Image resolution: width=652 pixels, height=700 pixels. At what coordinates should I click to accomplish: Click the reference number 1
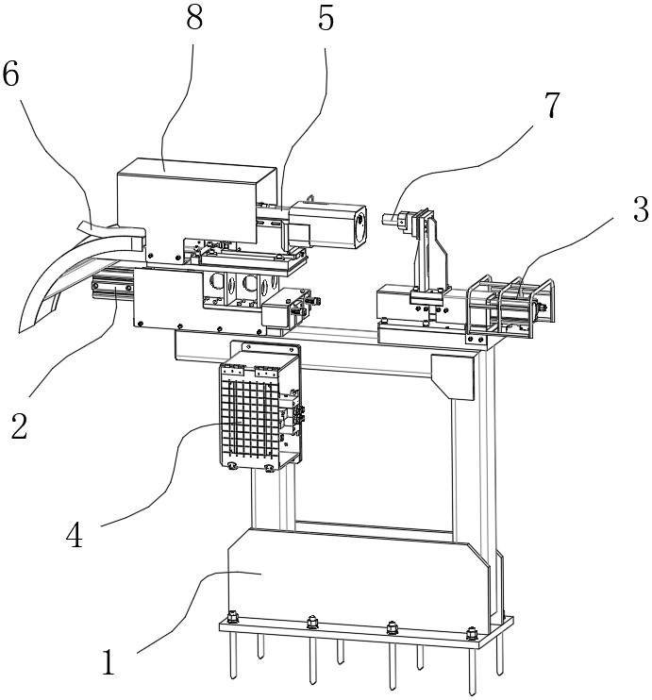pyautogui.click(x=109, y=662)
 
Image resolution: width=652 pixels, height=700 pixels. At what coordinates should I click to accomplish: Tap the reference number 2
pyautogui.click(x=19, y=425)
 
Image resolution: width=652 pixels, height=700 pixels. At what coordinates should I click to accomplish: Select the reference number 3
pyautogui.click(x=641, y=209)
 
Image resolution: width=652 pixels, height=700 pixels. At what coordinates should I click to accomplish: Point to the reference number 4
pyautogui.click(x=75, y=535)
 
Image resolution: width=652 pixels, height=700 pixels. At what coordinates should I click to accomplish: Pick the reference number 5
pyautogui.click(x=326, y=18)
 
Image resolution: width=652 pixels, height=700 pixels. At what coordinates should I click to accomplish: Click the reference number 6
pyautogui.click(x=11, y=74)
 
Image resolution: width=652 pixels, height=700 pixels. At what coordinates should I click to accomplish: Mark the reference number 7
pyautogui.click(x=552, y=105)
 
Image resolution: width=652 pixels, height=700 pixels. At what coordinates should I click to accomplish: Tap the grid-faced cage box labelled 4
pyautogui.click(x=259, y=408)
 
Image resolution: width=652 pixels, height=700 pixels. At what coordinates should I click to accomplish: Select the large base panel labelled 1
pyautogui.click(x=358, y=581)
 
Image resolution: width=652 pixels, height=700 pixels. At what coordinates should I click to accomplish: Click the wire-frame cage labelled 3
pyautogui.click(x=510, y=308)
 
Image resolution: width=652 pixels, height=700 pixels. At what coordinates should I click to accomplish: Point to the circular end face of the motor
pyautogui.click(x=359, y=226)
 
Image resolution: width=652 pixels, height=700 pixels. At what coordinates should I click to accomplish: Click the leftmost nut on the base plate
pyautogui.click(x=232, y=617)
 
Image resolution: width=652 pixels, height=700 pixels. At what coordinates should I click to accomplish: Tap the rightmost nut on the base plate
pyautogui.click(x=471, y=633)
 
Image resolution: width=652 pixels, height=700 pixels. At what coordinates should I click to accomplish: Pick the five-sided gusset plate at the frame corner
pyautogui.click(x=452, y=376)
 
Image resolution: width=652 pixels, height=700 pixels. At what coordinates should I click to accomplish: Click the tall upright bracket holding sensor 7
pyautogui.click(x=429, y=256)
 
